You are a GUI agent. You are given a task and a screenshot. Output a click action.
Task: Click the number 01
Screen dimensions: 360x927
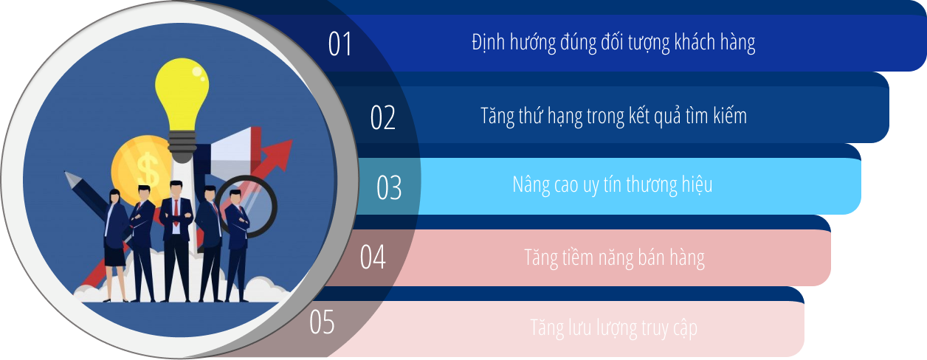[x=340, y=44]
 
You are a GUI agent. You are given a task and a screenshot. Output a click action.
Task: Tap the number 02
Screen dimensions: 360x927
[x=383, y=118]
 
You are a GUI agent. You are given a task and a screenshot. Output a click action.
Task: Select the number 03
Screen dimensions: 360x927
[x=389, y=187]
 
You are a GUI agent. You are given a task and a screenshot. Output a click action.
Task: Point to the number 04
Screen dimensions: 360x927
[x=373, y=257]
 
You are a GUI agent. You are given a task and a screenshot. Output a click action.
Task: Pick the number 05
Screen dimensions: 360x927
[x=322, y=322]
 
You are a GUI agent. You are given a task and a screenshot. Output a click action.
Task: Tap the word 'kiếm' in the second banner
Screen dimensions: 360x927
[x=728, y=116]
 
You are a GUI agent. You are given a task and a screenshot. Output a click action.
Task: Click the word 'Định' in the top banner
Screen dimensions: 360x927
[x=489, y=43]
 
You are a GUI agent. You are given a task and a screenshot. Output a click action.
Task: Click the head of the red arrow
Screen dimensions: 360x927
[x=279, y=151]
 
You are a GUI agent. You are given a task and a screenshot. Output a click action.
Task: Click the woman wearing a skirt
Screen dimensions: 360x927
[x=115, y=243]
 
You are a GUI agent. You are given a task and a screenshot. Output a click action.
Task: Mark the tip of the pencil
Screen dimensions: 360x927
[x=67, y=176]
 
